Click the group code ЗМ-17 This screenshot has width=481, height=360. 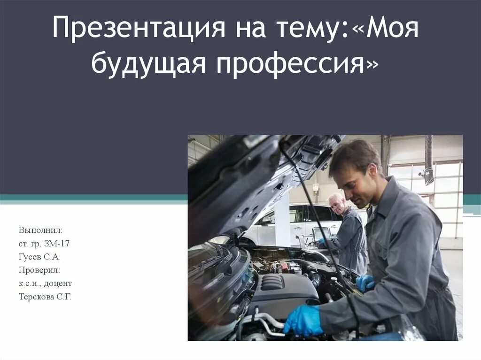point(59,244)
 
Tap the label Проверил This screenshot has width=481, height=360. point(39,270)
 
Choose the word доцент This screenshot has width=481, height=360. point(60,283)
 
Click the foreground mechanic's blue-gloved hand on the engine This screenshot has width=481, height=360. point(303,320)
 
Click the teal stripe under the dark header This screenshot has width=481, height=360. point(94,198)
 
